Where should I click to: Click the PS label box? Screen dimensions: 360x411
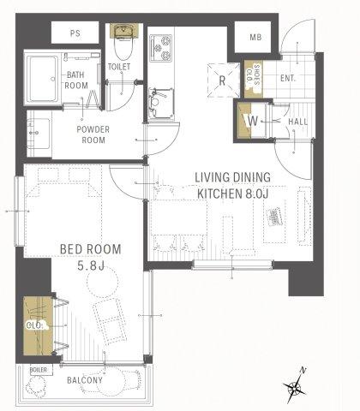click(x=75, y=33)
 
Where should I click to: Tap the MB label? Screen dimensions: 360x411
click(x=255, y=37)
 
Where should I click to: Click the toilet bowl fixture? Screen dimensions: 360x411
click(x=123, y=43)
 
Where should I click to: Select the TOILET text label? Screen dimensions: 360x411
click(x=119, y=67)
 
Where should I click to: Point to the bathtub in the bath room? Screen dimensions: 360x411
click(x=42, y=79)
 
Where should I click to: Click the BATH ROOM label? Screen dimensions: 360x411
click(x=76, y=80)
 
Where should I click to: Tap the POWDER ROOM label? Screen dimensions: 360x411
click(x=93, y=134)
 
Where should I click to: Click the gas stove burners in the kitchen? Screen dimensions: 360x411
click(x=161, y=48)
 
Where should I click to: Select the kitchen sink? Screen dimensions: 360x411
click(x=161, y=104)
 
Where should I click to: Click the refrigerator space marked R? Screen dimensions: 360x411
click(x=223, y=80)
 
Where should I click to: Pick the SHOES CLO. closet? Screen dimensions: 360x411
click(x=253, y=79)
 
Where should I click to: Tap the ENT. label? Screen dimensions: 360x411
click(x=288, y=78)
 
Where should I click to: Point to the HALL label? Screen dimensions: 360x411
click(x=297, y=122)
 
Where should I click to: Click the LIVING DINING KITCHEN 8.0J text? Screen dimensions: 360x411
click(x=232, y=186)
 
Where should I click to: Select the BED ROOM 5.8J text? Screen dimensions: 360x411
click(x=90, y=257)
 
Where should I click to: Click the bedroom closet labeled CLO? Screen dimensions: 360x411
click(x=38, y=326)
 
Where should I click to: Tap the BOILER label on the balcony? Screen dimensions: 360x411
click(x=39, y=370)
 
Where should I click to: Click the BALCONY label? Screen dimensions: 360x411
click(x=85, y=380)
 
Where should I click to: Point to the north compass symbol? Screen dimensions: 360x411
click(x=294, y=386)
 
